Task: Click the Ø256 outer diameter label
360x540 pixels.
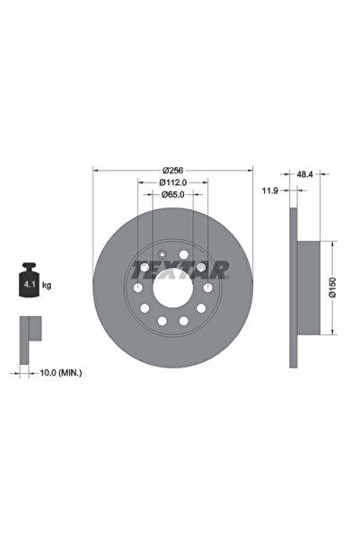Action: (172, 171)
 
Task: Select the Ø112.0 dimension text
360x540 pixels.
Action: (172, 182)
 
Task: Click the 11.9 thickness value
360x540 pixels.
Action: (268, 190)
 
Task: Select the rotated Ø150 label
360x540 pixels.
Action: (331, 286)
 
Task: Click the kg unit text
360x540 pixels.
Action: (47, 284)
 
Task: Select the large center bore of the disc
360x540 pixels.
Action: (172, 288)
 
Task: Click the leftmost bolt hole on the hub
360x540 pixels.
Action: (138, 288)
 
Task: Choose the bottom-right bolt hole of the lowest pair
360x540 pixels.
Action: (183, 321)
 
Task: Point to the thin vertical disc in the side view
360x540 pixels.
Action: (292, 288)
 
